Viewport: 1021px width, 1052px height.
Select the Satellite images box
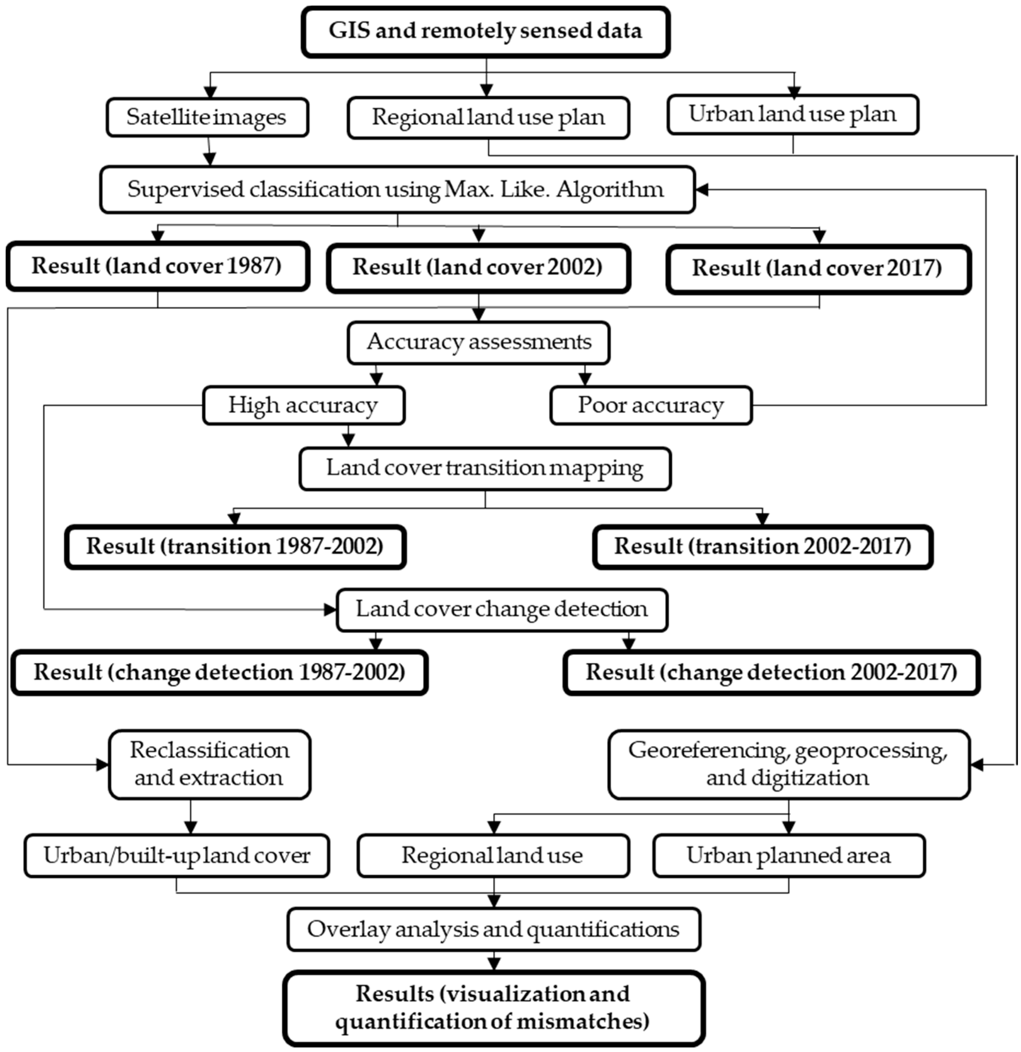(x=207, y=117)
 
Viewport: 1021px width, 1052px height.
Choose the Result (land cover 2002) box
(x=478, y=267)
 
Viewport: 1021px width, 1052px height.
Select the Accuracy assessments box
(x=479, y=342)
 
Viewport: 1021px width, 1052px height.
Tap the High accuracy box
(x=303, y=405)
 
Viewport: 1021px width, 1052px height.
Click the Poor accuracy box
(x=651, y=405)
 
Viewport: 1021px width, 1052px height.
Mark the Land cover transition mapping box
(x=484, y=468)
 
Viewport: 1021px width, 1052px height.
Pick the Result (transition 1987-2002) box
(x=235, y=547)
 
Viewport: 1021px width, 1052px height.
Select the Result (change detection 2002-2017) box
(x=771, y=672)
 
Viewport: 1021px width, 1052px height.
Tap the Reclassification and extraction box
(x=209, y=764)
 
